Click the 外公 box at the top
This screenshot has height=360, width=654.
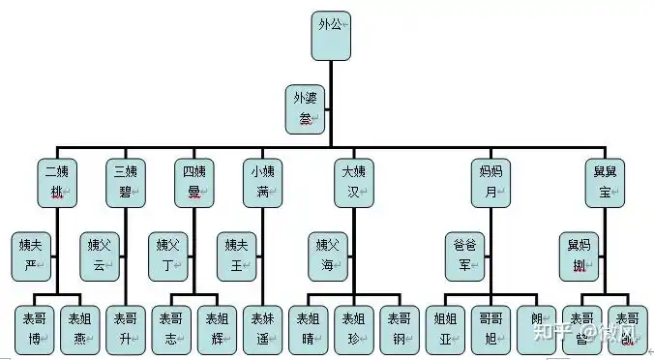330,34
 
